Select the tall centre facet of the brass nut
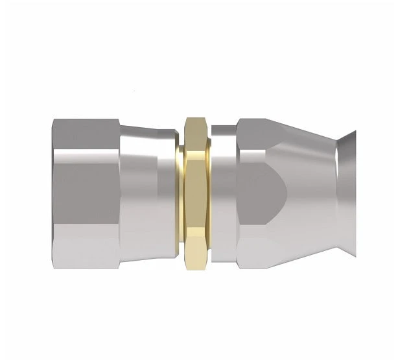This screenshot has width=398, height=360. coord(194,195)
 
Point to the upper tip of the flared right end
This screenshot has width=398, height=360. coord(353,132)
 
